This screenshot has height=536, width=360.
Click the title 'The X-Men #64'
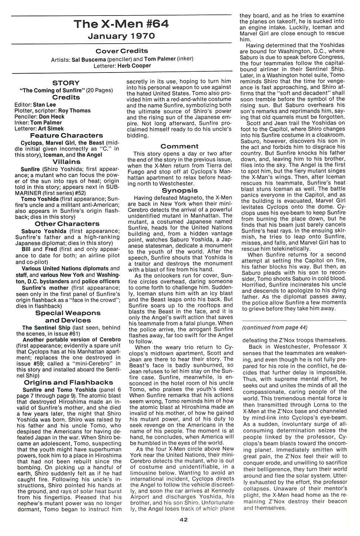click(x=121, y=24)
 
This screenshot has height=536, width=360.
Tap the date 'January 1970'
click(x=121, y=36)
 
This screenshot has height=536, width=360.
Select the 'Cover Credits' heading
click(x=121, y=51)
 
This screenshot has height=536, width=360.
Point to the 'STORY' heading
click(x=66, y=83)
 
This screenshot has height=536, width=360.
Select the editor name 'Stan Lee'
click(x=44, y=105)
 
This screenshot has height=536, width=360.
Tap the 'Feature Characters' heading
click(x=66, y=135)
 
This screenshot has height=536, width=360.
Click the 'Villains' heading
click(x=66, y=162)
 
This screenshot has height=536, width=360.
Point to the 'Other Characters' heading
click(x=67, y=224)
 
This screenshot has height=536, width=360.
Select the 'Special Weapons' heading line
click(x=68, y=313)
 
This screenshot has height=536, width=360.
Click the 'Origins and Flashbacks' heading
click(x=68, y=382)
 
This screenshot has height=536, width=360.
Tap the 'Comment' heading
click(x=179, y=146)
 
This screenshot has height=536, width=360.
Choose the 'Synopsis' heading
click(x=179, y=191)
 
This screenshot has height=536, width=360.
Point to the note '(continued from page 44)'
click(x=275, y=327)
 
